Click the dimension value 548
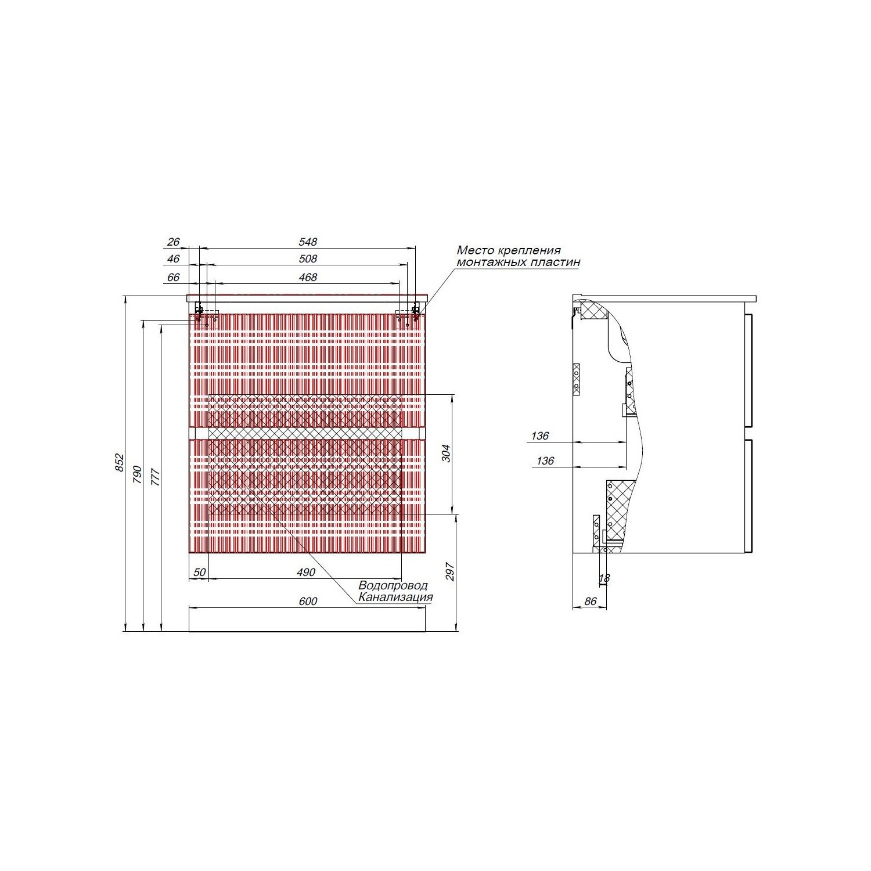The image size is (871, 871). pos(308,242)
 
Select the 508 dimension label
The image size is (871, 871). pos(308,259)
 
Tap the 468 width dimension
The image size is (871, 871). pos(308,277)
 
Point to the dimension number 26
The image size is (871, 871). pos(173,242)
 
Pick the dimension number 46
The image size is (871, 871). pos(173,259)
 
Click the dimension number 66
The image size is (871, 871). pos(173,277)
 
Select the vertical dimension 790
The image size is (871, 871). pos(138,474)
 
